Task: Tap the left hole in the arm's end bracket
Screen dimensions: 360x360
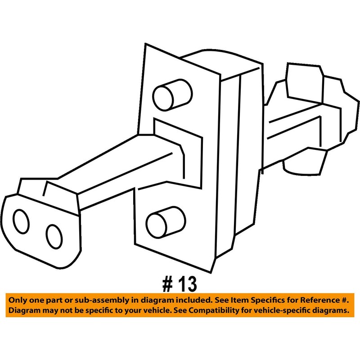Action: (22, 221)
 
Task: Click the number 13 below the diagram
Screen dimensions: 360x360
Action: (186, 284)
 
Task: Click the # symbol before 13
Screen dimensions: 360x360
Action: (167, 284)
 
